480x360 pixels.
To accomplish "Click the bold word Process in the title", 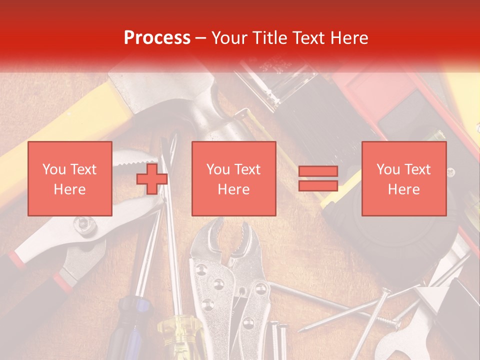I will click(x=157, y=38).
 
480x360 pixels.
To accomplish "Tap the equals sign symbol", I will click(x=318, y=178).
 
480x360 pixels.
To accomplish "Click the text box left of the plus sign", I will click(x=70, y=178).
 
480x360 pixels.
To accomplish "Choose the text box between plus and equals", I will click(x=233, y=178).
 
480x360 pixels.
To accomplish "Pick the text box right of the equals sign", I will click(x=403, y=178).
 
